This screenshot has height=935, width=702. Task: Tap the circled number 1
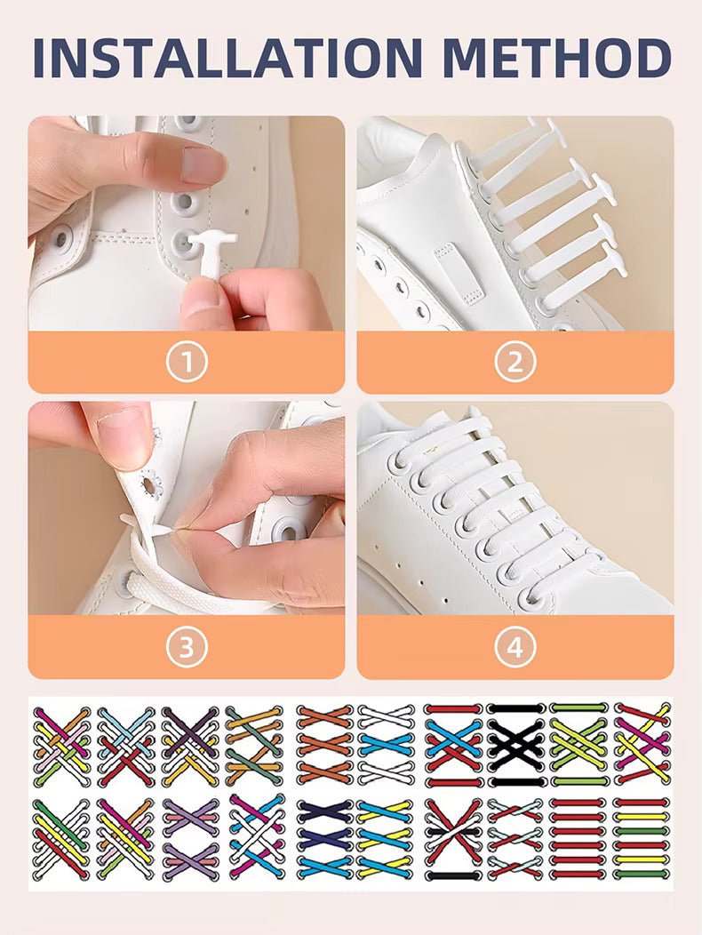pyautogui.click(x=186, y=362)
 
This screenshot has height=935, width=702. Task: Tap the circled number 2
pyautogui.click(x=515, y=362)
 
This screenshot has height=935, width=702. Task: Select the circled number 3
pyautogui.click(x=186, y=647)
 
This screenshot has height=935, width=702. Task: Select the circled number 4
pyautogui.click(x=515, y=647)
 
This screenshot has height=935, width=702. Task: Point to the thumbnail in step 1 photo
pyautogui.click(x=203, y=164)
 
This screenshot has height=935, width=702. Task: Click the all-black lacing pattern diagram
pyautogui.click(x=516, y=745)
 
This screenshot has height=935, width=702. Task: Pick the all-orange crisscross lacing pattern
pyautogui.click(x=324, y=745)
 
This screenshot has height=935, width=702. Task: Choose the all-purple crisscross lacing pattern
pyautogui.click(x=189, y=838)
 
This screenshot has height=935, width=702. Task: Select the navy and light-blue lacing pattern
pyautogui.click(x=324, y=838)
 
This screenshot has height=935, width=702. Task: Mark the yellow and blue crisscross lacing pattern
pyautogui.click(x=387, y=838)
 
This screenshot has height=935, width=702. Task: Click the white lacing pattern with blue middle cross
pyautogui.click(x=387, y=745)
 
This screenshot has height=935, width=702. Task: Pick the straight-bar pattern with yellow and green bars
pyautogui.click(x=641, y=838)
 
